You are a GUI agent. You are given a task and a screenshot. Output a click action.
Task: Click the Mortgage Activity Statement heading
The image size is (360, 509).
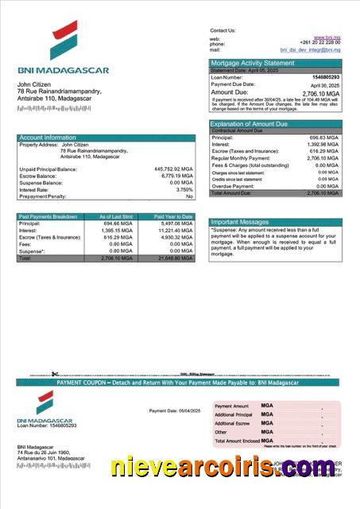pos(252,63)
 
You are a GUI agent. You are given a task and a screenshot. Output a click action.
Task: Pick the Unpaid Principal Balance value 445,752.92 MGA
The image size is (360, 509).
pos(173,169)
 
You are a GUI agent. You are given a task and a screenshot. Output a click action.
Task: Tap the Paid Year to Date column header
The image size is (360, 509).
pos(173,216)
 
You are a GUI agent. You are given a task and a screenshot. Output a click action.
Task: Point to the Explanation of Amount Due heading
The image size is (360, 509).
pos(249,124)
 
